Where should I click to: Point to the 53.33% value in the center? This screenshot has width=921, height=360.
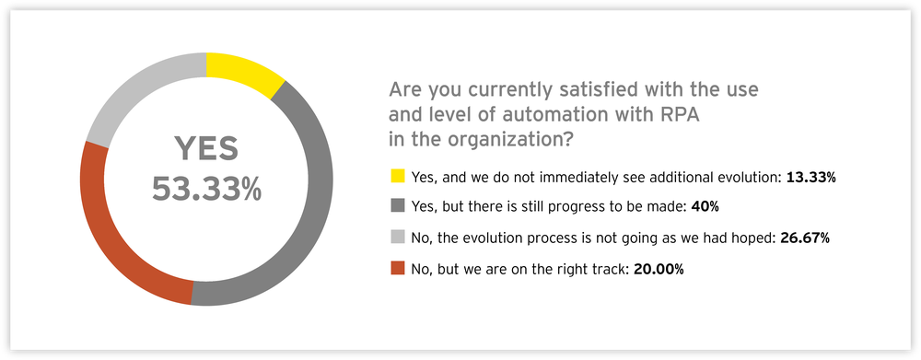pos(206,189)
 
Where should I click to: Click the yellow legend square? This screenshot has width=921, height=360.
pos(397,176)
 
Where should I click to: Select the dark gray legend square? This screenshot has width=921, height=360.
pos(397,206)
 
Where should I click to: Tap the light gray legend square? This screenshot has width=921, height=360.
pos(397,238)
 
